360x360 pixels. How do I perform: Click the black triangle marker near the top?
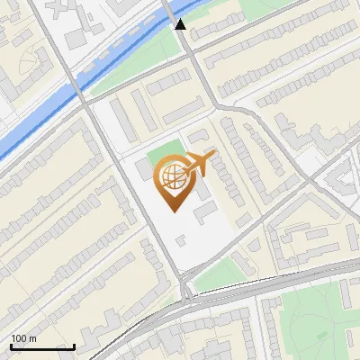[x=181, y=24]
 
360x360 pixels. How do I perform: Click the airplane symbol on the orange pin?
[x=198, y=164]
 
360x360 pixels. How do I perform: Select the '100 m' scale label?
[x=24, y=338]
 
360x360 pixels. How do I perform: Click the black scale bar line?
[x=42, y=346]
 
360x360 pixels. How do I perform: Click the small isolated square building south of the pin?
[x=182, y=239]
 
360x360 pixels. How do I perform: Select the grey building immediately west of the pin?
[x=145, y=169]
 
